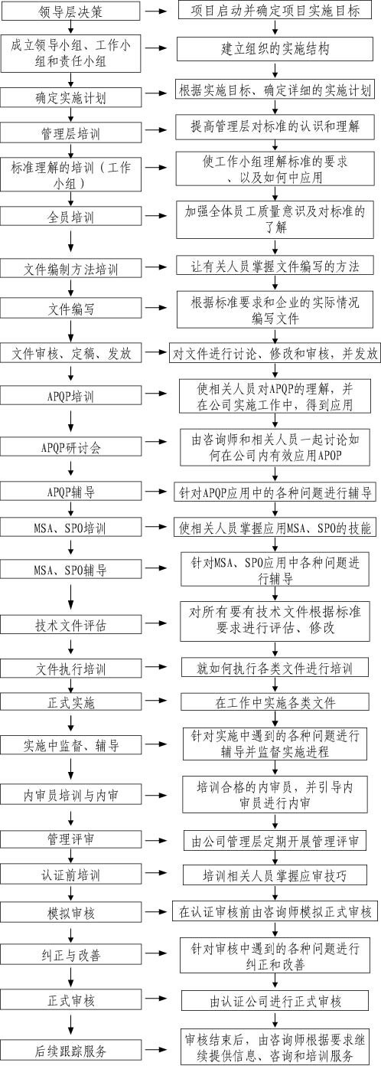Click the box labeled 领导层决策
70,11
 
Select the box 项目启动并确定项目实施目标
275,10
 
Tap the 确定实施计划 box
70,97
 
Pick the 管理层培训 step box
70,132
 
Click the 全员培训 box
70,217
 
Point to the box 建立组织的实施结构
275,49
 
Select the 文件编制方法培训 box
70,268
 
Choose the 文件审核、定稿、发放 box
70,353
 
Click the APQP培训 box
70,396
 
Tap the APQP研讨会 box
70,447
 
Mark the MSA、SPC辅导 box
70,569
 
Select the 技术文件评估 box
70,624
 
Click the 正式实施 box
70,702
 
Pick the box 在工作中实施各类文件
275,702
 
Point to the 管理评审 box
70,839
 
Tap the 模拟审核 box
70,913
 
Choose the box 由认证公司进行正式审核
275,1000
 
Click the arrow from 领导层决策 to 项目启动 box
156,11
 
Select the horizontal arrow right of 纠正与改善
156,954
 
